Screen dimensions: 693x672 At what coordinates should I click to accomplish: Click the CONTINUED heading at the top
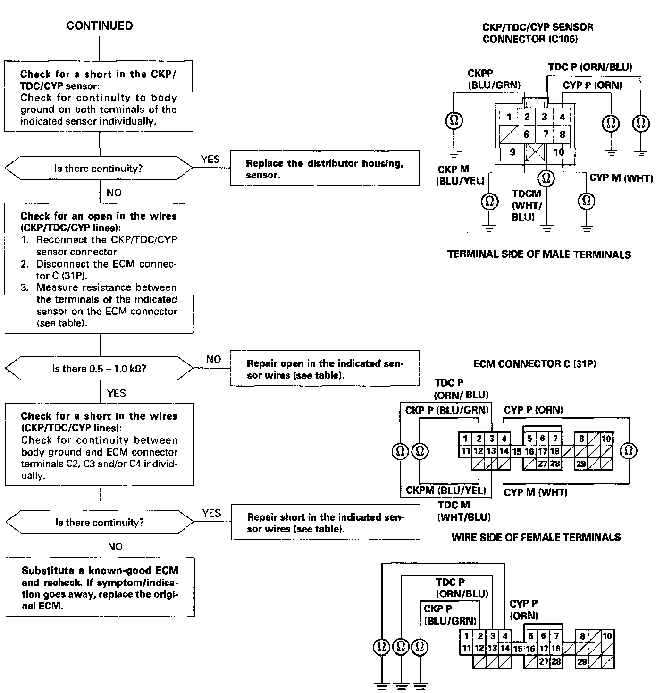tap(100, 26)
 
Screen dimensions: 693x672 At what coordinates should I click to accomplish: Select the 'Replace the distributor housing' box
tap(324, 169)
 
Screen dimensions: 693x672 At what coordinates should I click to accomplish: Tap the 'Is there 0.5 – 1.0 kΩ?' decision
tap(99, 369)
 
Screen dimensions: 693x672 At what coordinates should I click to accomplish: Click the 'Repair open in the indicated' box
tap(325, 369)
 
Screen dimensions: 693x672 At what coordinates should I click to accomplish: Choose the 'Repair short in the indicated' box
tap(325, 523)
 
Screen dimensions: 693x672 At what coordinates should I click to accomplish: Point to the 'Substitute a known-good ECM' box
tap(100, 588)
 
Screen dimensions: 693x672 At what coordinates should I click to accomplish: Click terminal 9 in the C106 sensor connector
tap(512, 152)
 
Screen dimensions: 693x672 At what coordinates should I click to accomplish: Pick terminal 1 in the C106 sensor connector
tap(509, 117)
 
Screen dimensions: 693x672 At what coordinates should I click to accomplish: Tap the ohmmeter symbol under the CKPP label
tap(454, 121)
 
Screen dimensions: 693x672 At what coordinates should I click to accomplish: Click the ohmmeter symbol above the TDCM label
tap(546, 178)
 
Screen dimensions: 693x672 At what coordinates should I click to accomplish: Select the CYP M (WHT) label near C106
tap(621, 178)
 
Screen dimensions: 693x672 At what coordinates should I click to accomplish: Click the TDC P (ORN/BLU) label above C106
tap(590, 67)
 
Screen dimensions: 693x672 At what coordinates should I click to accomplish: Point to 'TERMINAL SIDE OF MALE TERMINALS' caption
tap(539, 255)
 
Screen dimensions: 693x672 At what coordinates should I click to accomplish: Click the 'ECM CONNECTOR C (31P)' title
tap(535, 364)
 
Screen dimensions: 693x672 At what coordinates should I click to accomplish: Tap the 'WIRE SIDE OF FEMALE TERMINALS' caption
tap(536, 537)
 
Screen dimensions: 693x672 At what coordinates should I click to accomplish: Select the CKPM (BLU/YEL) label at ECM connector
tap(445, 490)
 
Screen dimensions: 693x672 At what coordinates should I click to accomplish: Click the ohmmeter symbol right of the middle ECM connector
tap(628, 451)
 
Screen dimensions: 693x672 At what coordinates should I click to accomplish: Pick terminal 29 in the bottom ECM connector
tap(582, 661)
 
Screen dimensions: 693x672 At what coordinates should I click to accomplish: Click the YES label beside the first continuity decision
tap(210, 159)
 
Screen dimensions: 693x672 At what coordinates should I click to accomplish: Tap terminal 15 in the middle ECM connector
tap(517, 452)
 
